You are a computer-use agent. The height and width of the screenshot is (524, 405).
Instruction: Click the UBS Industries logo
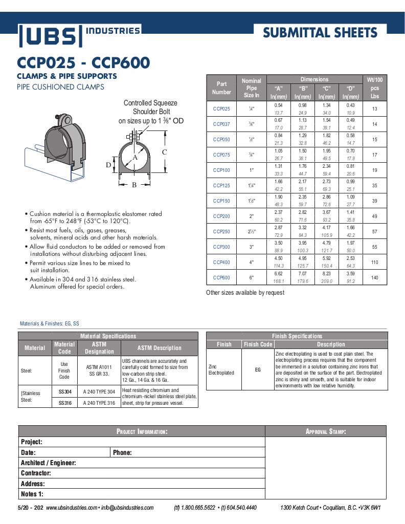click(79, 35)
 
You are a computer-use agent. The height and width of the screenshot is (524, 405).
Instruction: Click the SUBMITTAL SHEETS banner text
click(320, 33)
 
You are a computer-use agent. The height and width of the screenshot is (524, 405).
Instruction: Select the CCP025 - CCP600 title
click(83, 63)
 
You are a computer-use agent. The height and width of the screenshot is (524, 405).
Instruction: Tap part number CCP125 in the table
click(221, 186)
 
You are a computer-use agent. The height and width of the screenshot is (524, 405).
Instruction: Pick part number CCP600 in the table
click(221, 277)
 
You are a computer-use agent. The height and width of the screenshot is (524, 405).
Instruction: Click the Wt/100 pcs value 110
click(374, 262)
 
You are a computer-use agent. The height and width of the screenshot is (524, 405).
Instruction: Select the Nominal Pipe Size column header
click(251, 88)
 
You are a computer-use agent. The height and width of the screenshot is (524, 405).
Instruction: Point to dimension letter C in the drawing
click(164, 152)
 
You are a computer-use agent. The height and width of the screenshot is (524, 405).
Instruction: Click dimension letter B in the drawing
click(134, 185)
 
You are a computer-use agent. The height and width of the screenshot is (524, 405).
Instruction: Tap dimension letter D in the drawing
click(108, 165)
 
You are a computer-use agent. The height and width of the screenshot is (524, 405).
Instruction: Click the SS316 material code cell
click(64, 403)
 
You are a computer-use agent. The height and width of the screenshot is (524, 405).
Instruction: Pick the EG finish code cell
click(258, 369)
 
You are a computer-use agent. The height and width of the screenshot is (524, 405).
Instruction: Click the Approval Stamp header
click(326, 431)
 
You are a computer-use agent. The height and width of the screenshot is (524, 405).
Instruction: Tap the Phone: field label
click(122, 452)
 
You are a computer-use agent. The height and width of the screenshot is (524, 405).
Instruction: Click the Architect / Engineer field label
click(48, 463)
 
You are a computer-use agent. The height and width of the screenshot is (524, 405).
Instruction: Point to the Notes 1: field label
click(32, 494)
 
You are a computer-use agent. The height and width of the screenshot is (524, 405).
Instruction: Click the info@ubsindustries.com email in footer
click(127, 508)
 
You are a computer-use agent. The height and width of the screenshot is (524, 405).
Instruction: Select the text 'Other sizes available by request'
click(245, 293)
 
